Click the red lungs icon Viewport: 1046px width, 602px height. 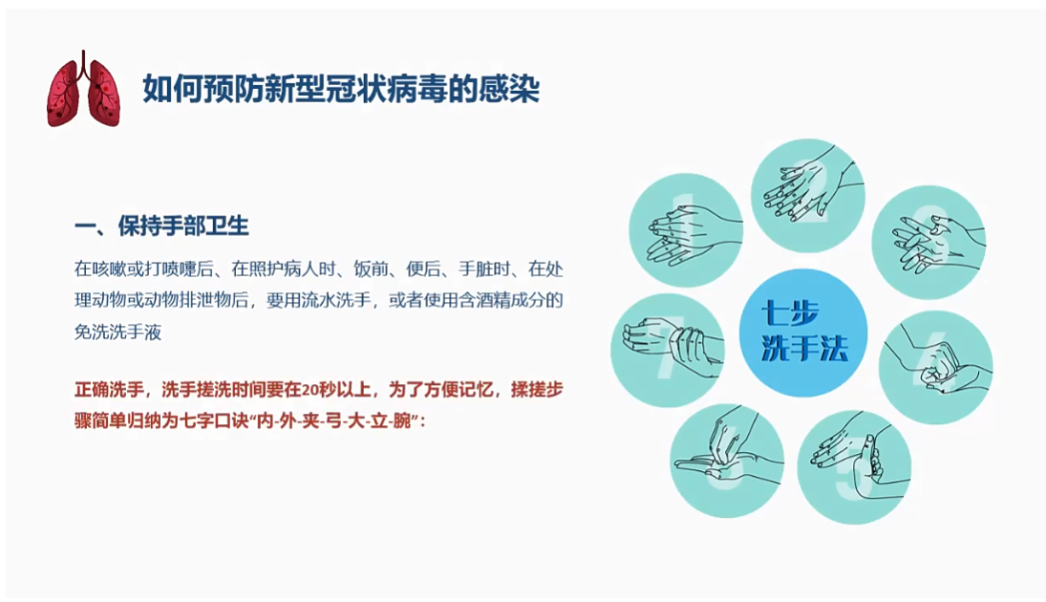coord(83,89)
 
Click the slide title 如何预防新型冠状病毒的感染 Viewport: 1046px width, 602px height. coord(341,89)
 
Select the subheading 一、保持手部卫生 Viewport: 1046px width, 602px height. coord(161,226)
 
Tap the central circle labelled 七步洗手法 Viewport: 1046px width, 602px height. coord(803,333)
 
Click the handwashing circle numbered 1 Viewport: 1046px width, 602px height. coord(687,230)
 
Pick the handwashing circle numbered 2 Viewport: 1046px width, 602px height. coord(808,196)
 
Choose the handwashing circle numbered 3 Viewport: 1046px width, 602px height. coord(929,243)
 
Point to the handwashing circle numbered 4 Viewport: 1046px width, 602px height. coord(935,367)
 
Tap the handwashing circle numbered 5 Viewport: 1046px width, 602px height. coord(854,467)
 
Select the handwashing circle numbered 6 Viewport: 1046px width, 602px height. coord(727,461)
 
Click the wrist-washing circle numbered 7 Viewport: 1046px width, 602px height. coord(668,351)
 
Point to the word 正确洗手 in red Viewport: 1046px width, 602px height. coord(109,390)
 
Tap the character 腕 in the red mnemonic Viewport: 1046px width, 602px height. coord(402,421)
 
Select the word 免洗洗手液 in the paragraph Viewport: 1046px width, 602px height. coord(118,332)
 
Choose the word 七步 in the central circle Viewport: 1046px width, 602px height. coord(789,314)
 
